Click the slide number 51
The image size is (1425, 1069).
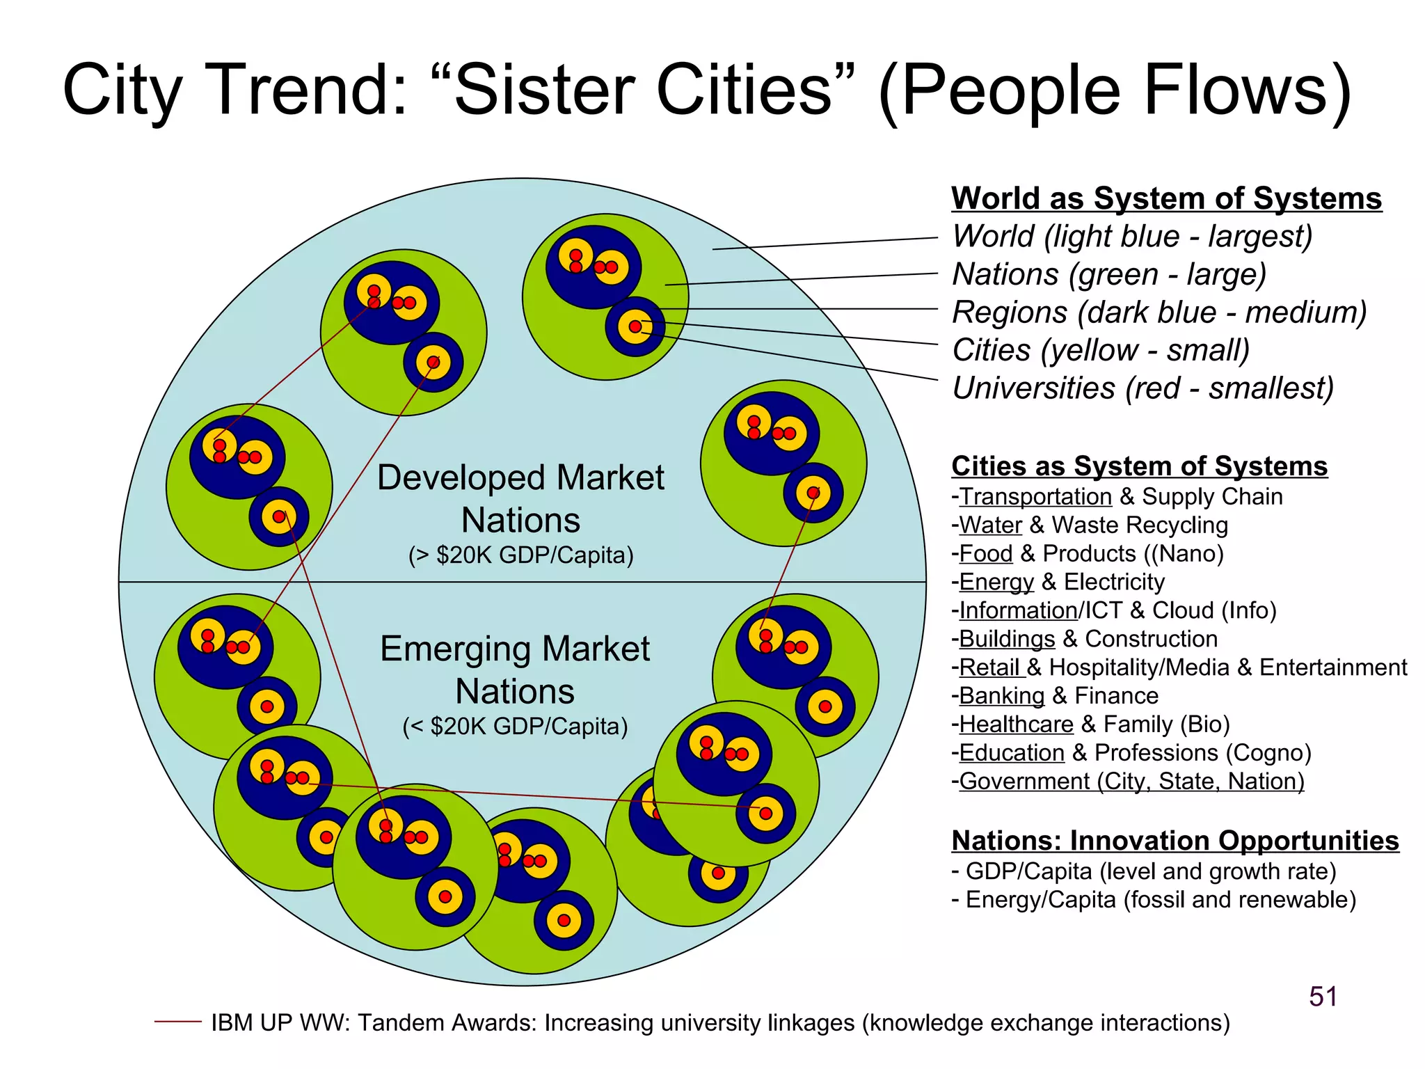[x=1323, y=997]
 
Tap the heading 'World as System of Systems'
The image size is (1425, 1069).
[x=1166, y=198]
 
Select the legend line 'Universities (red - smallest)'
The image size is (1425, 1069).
[x=1143, y=388]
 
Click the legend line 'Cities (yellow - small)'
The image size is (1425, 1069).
[x=1101, y=350]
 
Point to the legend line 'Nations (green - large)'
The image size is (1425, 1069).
[x=1109, y=274]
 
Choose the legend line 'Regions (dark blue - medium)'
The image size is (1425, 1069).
[x=1159, y=312]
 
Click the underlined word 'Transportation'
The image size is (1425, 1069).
[x=1035, y=497]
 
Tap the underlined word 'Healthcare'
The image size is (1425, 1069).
[x=1016, y=724]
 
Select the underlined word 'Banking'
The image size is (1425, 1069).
[x=1002, y=696]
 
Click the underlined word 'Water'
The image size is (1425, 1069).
[x=991, y=525]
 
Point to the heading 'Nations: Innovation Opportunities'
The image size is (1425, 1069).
[x=1175, y=841]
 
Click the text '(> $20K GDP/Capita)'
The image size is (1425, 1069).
[x=520, y=555]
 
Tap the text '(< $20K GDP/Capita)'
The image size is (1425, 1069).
[x=515, y=727]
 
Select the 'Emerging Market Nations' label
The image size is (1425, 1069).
[x=515, y=670]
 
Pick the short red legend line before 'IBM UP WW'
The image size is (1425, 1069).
[x=177, y=1022]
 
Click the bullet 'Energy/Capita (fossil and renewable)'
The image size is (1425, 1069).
[x=1161, y=900]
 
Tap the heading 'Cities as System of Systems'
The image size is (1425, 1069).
[x=1139, y=466]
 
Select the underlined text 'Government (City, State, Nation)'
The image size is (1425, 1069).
[x=1131, y=782]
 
